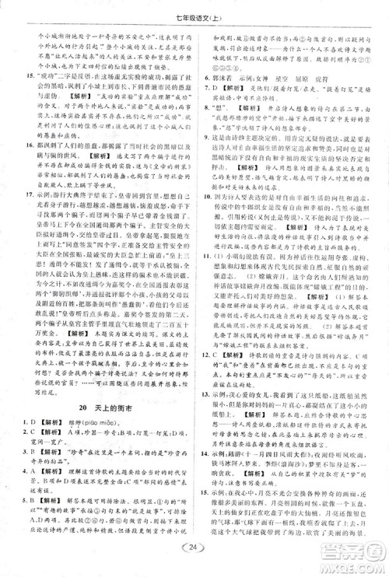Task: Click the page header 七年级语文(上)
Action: pos(194,9)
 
